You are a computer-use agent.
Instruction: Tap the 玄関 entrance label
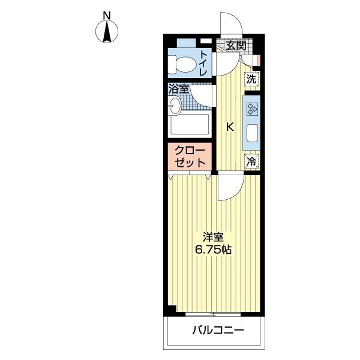click(x=236, y=45)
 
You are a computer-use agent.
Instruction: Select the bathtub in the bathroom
click(x=189, y=125)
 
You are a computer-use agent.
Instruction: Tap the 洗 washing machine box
click(x=252, y=79)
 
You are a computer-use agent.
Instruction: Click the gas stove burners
click(x=252, y=109)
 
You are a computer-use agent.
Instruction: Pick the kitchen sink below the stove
click(x=252, y=133)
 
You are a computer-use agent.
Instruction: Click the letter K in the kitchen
click(x=229, y=127)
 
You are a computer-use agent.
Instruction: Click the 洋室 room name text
click(x=213, y=236)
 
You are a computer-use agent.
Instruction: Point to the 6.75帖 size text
click(x=213, y=250)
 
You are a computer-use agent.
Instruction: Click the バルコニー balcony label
click(x=218, y=330)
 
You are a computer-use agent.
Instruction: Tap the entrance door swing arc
click(x=232, y=24)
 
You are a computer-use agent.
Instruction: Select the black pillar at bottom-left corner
click(x=171, y=310)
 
